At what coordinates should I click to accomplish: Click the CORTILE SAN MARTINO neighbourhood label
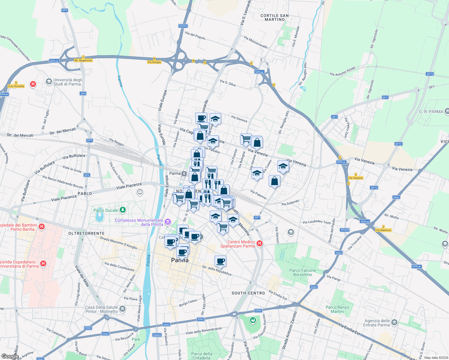[275, 17]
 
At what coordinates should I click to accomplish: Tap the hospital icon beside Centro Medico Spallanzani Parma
[260, 244]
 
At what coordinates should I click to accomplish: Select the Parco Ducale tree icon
[122, 210]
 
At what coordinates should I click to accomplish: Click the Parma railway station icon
[184, 173]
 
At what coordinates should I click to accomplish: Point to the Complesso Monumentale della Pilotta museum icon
[167, 222]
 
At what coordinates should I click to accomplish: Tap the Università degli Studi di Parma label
[68, 82]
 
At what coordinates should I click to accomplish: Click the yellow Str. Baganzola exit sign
[83, 60]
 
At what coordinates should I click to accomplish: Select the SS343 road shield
[183, 26]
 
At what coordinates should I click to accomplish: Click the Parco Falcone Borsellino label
[303, 272]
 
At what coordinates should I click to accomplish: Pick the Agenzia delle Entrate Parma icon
[394, 323]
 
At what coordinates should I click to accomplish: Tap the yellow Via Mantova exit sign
[383, 230]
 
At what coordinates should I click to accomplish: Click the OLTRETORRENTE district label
[86, 233]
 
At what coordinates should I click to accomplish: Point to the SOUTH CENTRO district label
[248, 293]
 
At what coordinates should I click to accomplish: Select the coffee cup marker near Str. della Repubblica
[220, 261]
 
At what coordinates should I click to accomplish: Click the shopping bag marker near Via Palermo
[274, 181]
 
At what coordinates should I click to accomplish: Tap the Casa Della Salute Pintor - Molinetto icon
[122, 309]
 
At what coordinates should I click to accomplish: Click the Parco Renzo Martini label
[337, 309]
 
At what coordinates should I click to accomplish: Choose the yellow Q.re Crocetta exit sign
[16, 86]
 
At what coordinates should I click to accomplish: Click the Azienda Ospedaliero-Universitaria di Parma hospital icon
[43, 264]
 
